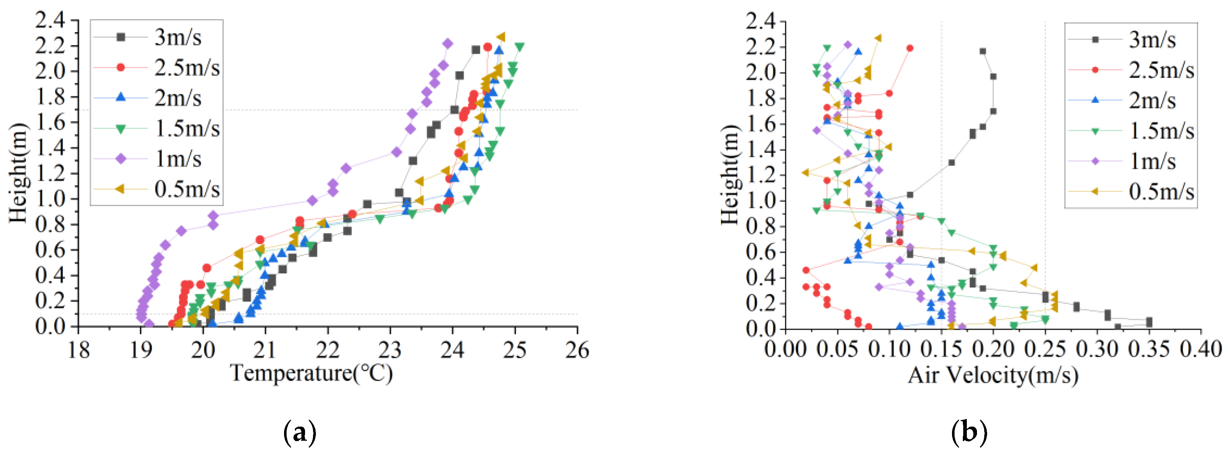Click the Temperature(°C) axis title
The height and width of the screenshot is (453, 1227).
pos(312,373)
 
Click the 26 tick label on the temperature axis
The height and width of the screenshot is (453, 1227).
pos(577,350)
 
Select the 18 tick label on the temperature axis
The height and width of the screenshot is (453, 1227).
pos(79,350)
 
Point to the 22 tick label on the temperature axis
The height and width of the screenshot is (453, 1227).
pos(328,350)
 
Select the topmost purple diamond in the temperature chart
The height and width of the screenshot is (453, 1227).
pos(447,44)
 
